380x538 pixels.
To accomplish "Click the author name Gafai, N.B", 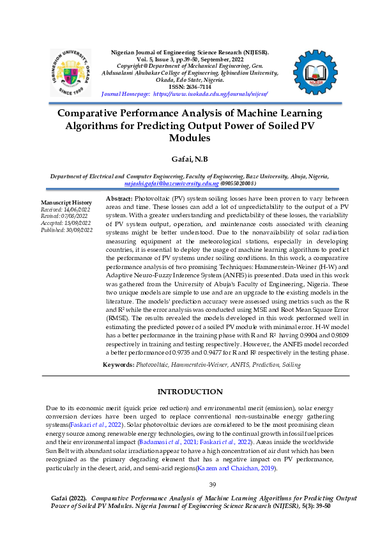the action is coord(189,158).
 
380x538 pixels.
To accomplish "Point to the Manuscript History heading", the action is coord(66,202).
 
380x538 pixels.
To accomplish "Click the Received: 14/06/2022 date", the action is coord(66,209).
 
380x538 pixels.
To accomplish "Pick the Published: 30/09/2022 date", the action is coord(67,229).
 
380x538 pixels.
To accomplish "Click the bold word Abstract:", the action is coord(118,199).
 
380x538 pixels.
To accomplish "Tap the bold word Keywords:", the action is coord(119,364).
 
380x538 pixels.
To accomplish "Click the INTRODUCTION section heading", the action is coord(190,392).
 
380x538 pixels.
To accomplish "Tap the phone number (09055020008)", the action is coord(239,183).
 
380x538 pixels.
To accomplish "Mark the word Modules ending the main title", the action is coord(190,137).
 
